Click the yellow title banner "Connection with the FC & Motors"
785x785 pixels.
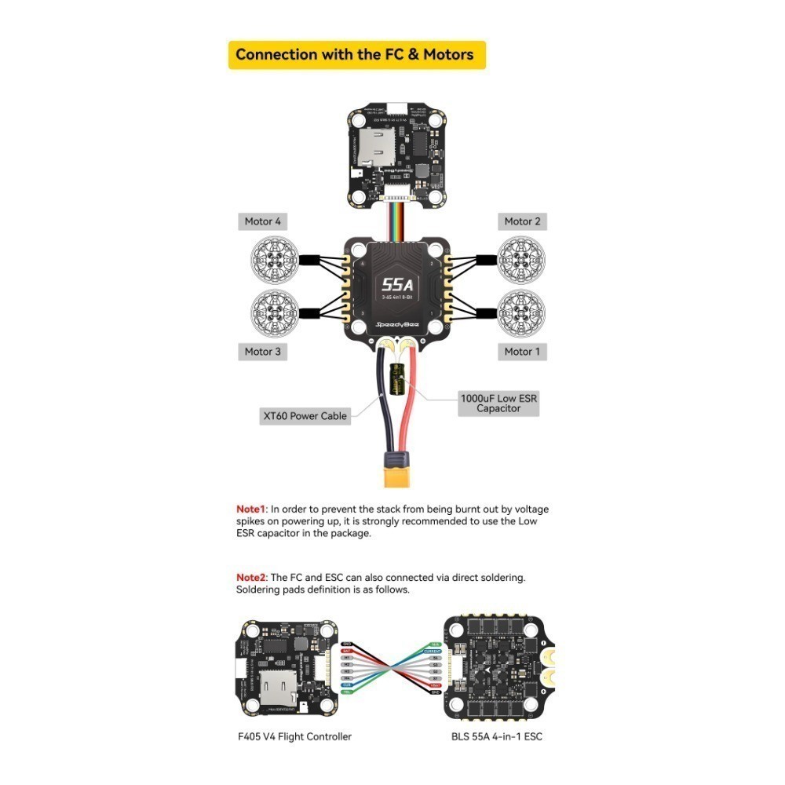(x=356, y=55)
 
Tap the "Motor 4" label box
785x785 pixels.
(x=262, y=221)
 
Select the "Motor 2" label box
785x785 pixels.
(x=522, y=221)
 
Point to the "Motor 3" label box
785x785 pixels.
(x=262, y=351)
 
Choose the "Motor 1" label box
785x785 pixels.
(x=522, y=351)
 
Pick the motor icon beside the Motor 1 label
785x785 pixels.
(x=520, y=312)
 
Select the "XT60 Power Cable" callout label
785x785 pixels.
(x=305, y=416)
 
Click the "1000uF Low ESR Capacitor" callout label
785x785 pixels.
(x=498, y=403)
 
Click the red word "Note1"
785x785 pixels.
(x=251, y=509)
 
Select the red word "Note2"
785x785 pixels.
(x=251, y=578)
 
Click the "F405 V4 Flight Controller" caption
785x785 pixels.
(x=294, y=736)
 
